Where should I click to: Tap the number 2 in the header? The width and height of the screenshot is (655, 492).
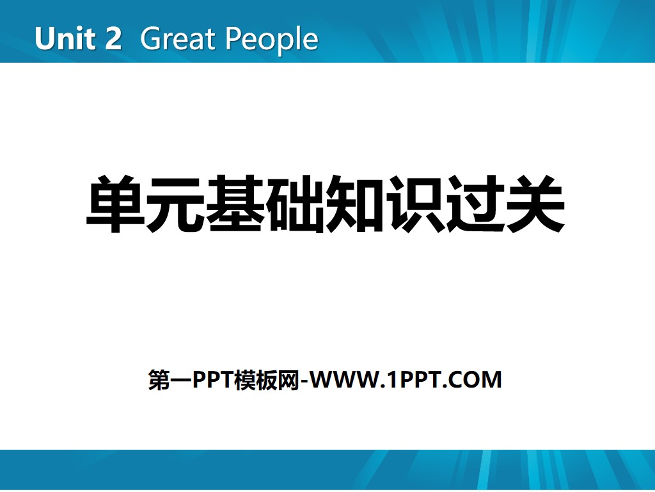(x=111, y=39)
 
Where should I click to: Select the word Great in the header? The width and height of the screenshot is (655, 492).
(x=170, y=39)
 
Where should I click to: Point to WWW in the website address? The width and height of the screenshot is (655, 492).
(x=345, y=380)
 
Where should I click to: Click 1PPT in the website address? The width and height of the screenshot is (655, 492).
(x=413, y=380)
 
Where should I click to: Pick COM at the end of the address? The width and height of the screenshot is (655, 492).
(x=477, y=380)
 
